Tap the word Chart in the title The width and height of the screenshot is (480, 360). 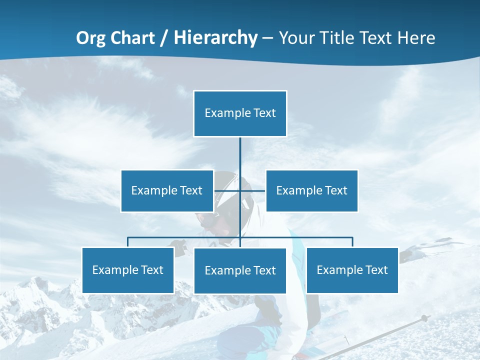click(x=133, y=38)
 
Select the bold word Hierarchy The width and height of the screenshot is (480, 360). click(x=215, y=38)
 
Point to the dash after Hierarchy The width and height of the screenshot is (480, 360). click(x=267, y=38)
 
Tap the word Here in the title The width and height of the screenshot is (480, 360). click(x=415, y=38)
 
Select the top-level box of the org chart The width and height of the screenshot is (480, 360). click(x=240, y=113)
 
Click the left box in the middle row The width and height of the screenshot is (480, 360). click(x=167, y=191)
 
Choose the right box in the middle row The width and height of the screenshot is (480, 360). click(x=311, y=191)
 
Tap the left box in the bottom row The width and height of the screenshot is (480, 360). click(x=128, y=270)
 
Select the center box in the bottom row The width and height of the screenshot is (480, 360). click(x=240, y=271)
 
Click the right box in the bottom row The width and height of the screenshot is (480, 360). click(x=352, y=270)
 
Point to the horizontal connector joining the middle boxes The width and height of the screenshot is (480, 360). click(x=252, y=191)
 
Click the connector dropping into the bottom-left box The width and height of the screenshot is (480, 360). click(x=128, y=242)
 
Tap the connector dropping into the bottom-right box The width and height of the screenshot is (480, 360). click(x=352, y=242)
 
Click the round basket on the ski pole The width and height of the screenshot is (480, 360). click(x=424, y=318)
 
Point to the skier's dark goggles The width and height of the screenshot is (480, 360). click(x=207, y=218)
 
